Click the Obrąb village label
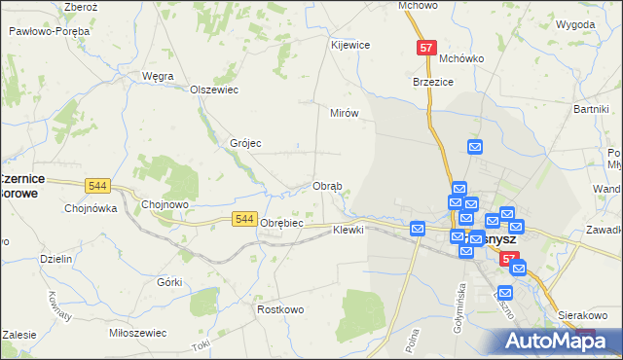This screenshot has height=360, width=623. [x=326, y=187]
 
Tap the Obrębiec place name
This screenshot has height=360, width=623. [x=282, y=223]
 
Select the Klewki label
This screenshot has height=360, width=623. [x=348, y=230]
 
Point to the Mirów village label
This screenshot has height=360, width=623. [x=345, y=113]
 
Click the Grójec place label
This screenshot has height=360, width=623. [x=245, y=143]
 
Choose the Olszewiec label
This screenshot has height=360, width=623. [x=214, y=90]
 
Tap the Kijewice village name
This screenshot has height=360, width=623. [x=350, y=45]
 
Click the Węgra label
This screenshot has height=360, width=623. [x=158, y=75]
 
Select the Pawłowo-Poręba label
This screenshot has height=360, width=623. [x=49, y=31]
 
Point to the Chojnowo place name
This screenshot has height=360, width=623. [x=165, y=204]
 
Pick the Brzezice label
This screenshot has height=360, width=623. [x=434, y=83]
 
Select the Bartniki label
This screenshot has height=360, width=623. [x=591, y=109]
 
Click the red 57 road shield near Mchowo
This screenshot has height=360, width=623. [x=426, y=47]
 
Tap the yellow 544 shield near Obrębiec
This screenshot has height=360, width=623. [x=245, y=221]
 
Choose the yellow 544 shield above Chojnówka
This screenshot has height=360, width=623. [x=96, y=185]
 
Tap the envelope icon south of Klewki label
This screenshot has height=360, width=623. [x=418, y=229]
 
